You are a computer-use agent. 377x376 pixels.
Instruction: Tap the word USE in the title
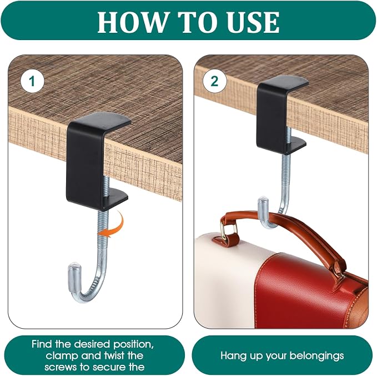[x=252, y=22]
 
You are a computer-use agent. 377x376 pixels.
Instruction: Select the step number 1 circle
[x=32, y=81]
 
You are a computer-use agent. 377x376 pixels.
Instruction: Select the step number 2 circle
[x=214, y=81]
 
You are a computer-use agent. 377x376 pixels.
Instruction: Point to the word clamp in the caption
[x=62, y=356]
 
